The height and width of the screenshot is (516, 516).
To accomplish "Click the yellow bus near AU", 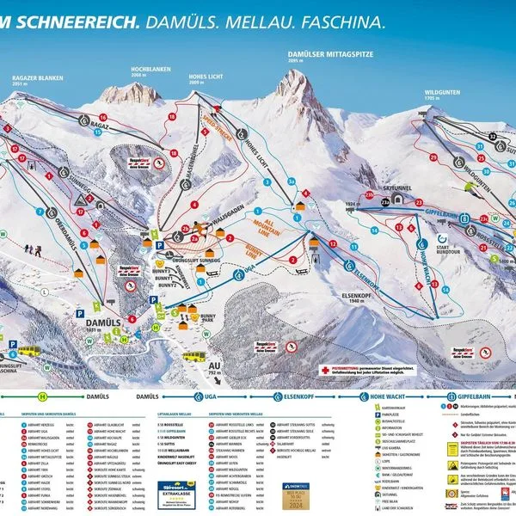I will point(194,355).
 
